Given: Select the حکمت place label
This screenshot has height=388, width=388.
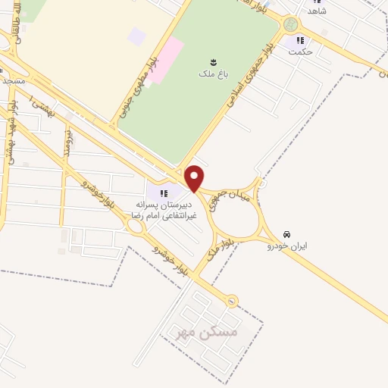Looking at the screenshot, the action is [x=302, y=52].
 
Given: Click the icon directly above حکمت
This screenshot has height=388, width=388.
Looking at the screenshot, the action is [x=301, y=40].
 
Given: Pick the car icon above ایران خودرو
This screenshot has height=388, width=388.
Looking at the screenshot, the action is [x=286, y=234].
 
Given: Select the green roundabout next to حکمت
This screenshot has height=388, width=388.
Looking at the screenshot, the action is [x=290, y=25].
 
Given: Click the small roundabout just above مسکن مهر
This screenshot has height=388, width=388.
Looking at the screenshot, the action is [x=233, y=302].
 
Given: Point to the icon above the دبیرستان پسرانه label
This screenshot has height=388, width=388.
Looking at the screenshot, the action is [x=164, y=194].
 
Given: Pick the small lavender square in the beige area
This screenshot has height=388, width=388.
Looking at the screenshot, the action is [x=136, y=36].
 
